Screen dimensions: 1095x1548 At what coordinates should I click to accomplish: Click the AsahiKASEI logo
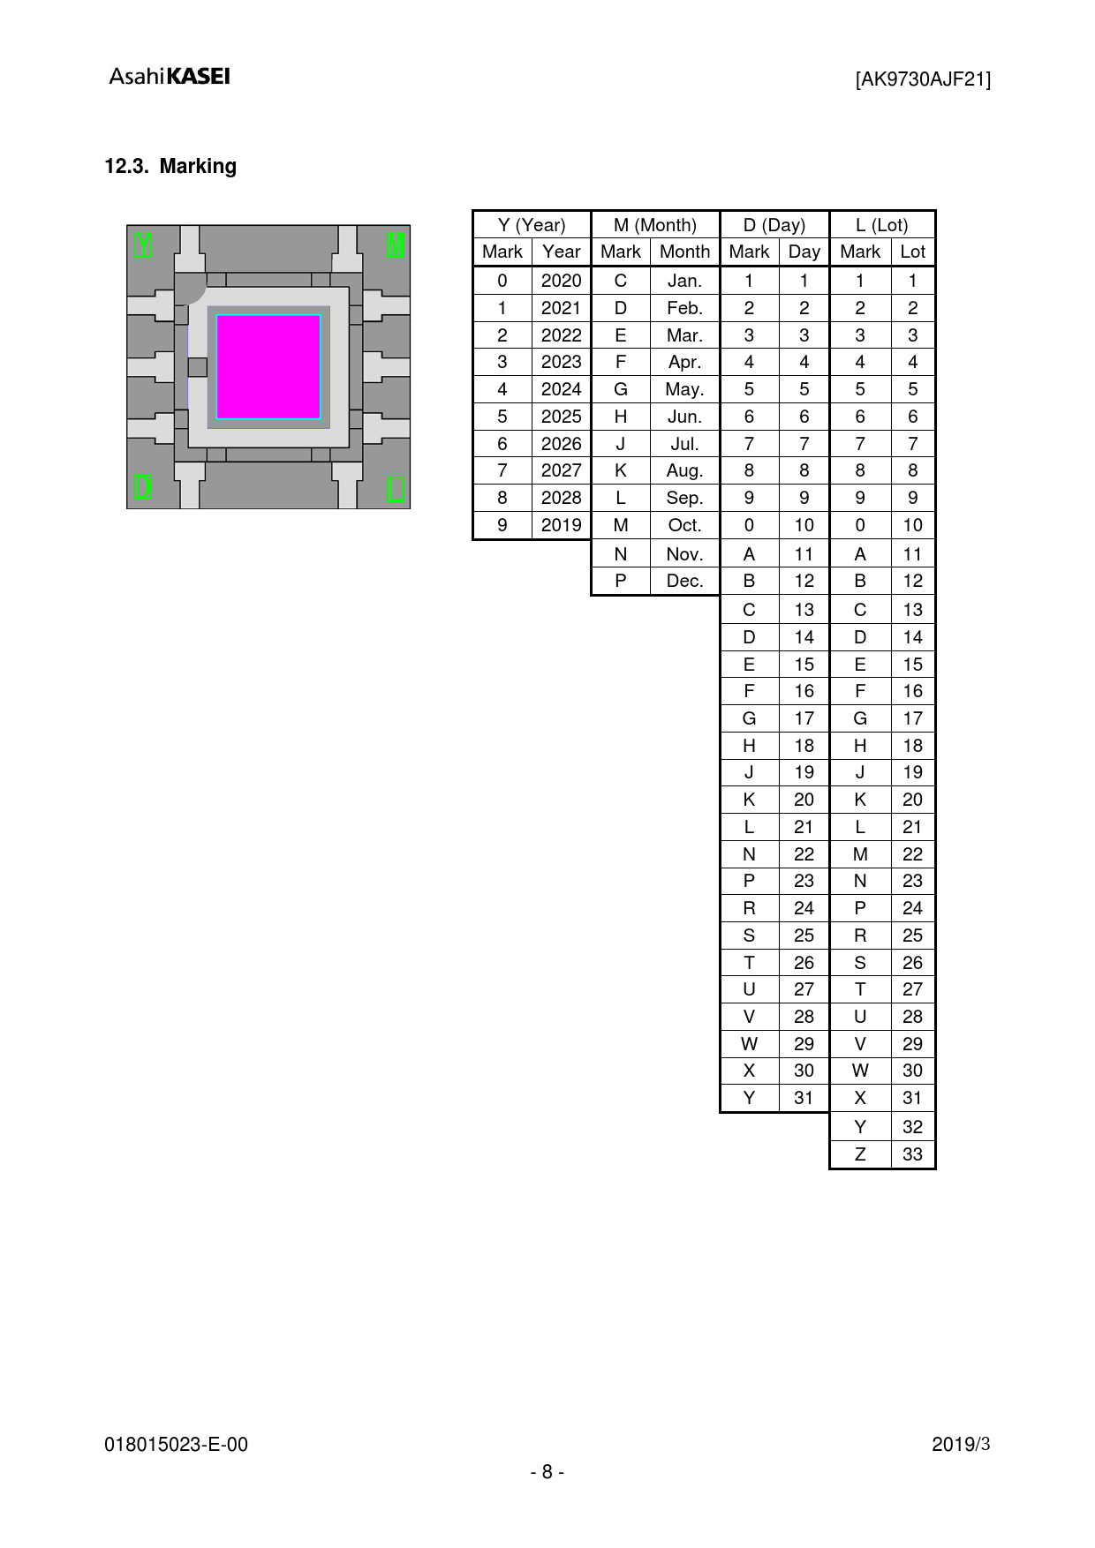(170, 77)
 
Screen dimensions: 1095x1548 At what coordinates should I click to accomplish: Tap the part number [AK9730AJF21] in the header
(923, 79)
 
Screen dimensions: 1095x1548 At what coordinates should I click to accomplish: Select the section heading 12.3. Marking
(170, 166)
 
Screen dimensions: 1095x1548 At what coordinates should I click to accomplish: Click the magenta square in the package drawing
(268, 366)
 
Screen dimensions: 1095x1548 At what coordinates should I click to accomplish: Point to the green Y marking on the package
(143, 244)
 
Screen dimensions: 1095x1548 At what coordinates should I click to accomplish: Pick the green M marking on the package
(396, 244)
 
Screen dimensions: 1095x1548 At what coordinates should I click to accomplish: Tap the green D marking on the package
(143, 487)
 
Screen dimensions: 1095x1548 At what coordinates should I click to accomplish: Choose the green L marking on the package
(396, 488)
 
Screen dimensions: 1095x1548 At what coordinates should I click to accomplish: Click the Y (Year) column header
(532, 225)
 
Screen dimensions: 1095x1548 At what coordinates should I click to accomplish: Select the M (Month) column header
(655, 225)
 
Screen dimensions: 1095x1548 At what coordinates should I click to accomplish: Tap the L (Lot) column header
(882, 225)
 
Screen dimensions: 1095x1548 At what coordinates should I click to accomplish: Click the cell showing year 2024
(561, 389)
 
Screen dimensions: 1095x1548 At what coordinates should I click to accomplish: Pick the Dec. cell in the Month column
(684, 581)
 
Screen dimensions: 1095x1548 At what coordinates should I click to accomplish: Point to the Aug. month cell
(684, 470)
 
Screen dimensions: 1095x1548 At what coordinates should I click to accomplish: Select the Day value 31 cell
(804, 1098)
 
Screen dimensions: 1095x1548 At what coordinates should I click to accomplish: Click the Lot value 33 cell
(912, 1154)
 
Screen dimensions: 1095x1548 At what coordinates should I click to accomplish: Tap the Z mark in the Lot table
(860, 1154)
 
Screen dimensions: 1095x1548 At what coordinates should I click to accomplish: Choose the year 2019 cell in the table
(561, 525)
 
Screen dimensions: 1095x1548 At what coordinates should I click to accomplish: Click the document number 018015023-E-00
(177, 1445)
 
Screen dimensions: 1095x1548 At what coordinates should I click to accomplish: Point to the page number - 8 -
(547, 1472)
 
